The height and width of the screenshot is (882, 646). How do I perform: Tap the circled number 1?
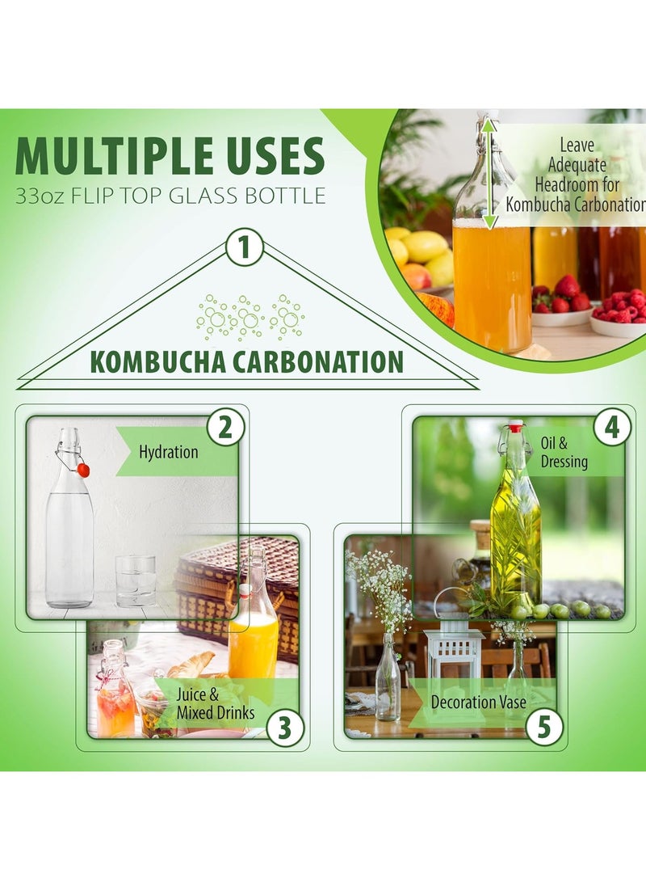pyautogui.click(x=245, y=247)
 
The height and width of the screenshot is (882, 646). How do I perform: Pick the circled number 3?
pyautogui.click(x=283, y=728)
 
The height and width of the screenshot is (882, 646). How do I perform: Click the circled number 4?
pyautogui.click(x=613, y=428)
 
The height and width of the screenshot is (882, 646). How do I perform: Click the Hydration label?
pyautogui.click(x=168, y=452)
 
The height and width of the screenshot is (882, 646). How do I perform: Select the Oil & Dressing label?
pyautogui.click(x=564, y=453)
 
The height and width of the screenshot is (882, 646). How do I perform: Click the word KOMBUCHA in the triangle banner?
pyautogui.click(x=157, y=361)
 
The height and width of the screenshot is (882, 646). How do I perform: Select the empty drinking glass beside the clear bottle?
pyautogui.click(x=135, y=580)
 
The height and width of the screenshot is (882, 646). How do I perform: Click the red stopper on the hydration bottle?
pyautogui.click(x=83, y=471)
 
